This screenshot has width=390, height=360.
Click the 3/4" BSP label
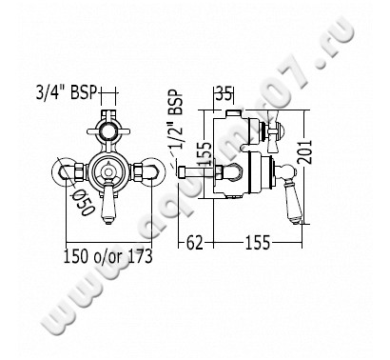point(67,92)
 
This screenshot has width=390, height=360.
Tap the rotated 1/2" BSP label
point(176,119)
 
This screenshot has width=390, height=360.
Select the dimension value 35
point(224,94)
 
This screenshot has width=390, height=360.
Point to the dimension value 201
point(305,152)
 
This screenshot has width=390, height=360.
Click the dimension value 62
point(194,244)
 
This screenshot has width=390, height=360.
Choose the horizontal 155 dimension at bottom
point(257,244)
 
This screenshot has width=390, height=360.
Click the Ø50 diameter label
point(85,202)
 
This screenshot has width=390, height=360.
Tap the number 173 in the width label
point(140,256)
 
